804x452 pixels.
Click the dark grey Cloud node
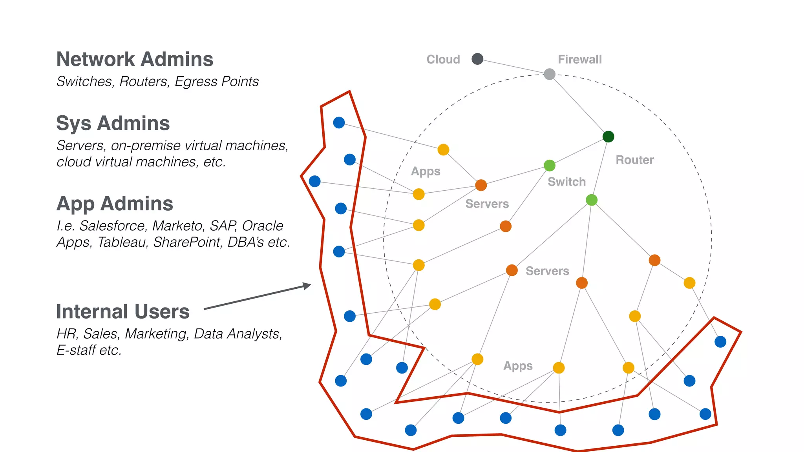point(477,59)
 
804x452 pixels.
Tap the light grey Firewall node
point(550,74)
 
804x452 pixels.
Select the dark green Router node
point(608,137)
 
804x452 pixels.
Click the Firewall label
point(579,60)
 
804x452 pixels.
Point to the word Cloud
point(443,60)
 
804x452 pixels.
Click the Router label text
point(634,160)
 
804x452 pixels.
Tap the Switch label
point(566,182)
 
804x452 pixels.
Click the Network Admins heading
point(135,60)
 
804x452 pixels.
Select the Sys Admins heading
point(113,124)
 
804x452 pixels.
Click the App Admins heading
point(115,204)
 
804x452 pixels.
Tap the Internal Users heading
point(122,312)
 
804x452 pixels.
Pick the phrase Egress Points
point(217,82)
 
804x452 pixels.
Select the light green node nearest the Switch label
point(550,166)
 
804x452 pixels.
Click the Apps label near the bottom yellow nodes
point(518,366)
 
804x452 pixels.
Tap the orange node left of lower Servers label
point(512,270)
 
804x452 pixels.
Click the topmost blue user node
point(339,122)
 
